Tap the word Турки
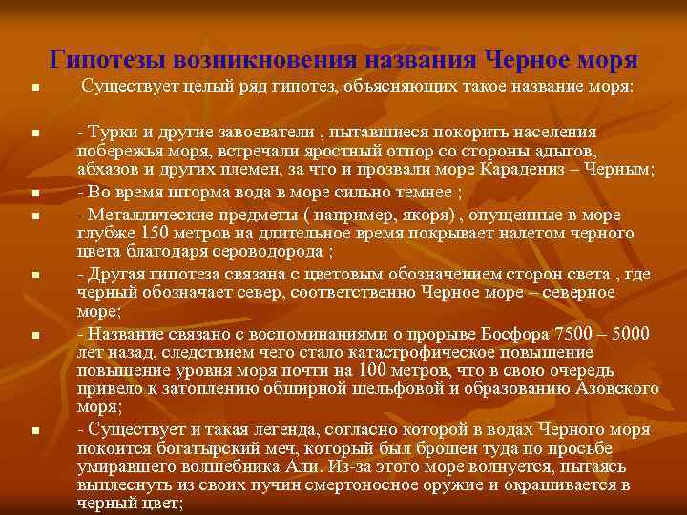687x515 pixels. pyautogui.click(x=112, y=131)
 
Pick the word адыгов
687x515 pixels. pyautogui.click(x=570, y=152)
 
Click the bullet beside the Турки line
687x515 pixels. pyautogui.click(x=34, y=131)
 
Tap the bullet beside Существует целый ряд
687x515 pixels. pyautogui.click(x=34, y=88)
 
